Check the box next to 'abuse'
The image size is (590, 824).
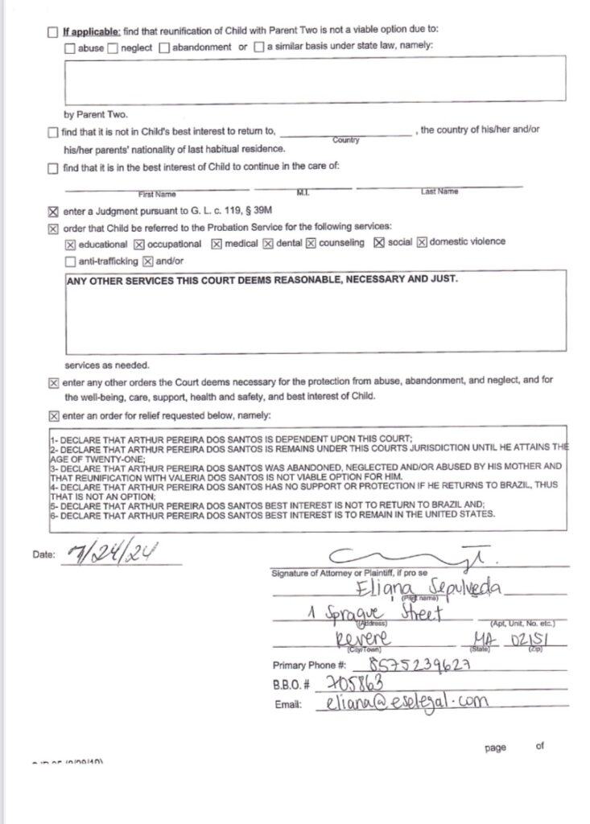(70, 47)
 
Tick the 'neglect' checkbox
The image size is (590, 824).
(113, 47)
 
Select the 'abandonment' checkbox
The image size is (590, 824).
(164, 47)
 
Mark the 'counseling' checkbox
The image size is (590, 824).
(311, 244)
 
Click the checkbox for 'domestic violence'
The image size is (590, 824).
(421, 243)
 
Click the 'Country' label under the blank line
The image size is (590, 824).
(345, 140)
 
